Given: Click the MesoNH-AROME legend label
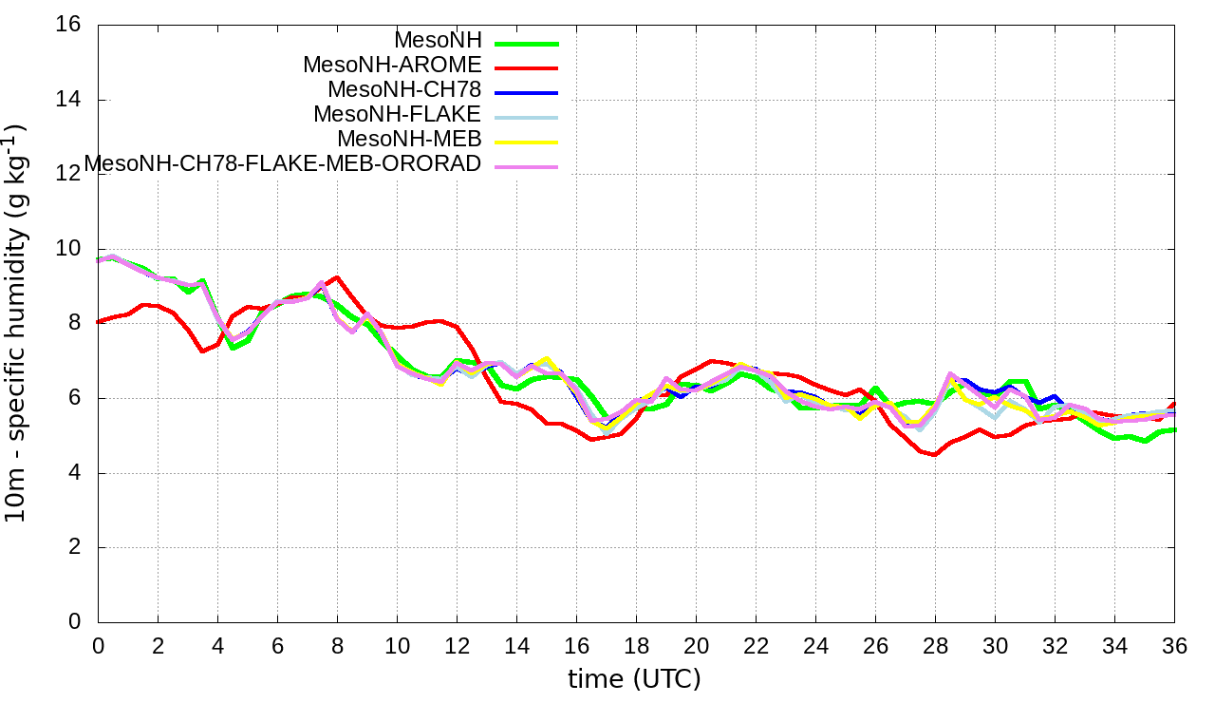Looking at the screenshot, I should [x=392, y=65].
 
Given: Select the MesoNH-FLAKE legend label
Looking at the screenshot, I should [x=397, y=114].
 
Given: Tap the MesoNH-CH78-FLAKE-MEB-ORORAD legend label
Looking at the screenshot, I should [x=283, y=163].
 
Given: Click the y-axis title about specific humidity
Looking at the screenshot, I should [x=17, y=323].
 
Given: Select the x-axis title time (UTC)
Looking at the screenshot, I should [x=634, y=678].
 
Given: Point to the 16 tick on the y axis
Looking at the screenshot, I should [x=68, y=25].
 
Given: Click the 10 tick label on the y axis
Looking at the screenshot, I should [x=68, y=249].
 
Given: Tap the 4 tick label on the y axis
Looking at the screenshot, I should [x=74, y=473].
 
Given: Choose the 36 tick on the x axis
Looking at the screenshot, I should [x=1174, y=645].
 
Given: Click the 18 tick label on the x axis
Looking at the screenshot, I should [x=636, y=645].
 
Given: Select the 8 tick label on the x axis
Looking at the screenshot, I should [x=337, y=645].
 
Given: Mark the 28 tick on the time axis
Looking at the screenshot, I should [x=935, y=645].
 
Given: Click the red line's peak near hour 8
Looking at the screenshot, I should [x=337, y=277].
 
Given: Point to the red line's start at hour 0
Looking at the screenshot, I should [x=99, y=322].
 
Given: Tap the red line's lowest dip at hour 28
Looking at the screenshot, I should [x=935, y=455].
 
